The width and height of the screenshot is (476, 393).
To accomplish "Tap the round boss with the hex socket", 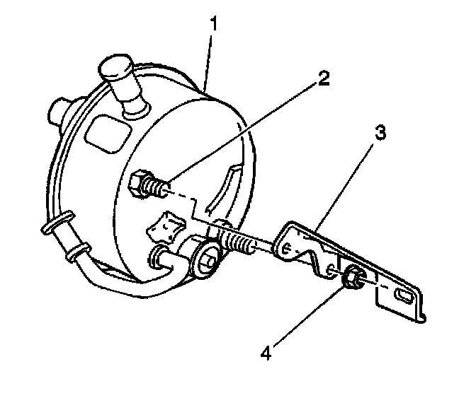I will pos(206,259).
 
